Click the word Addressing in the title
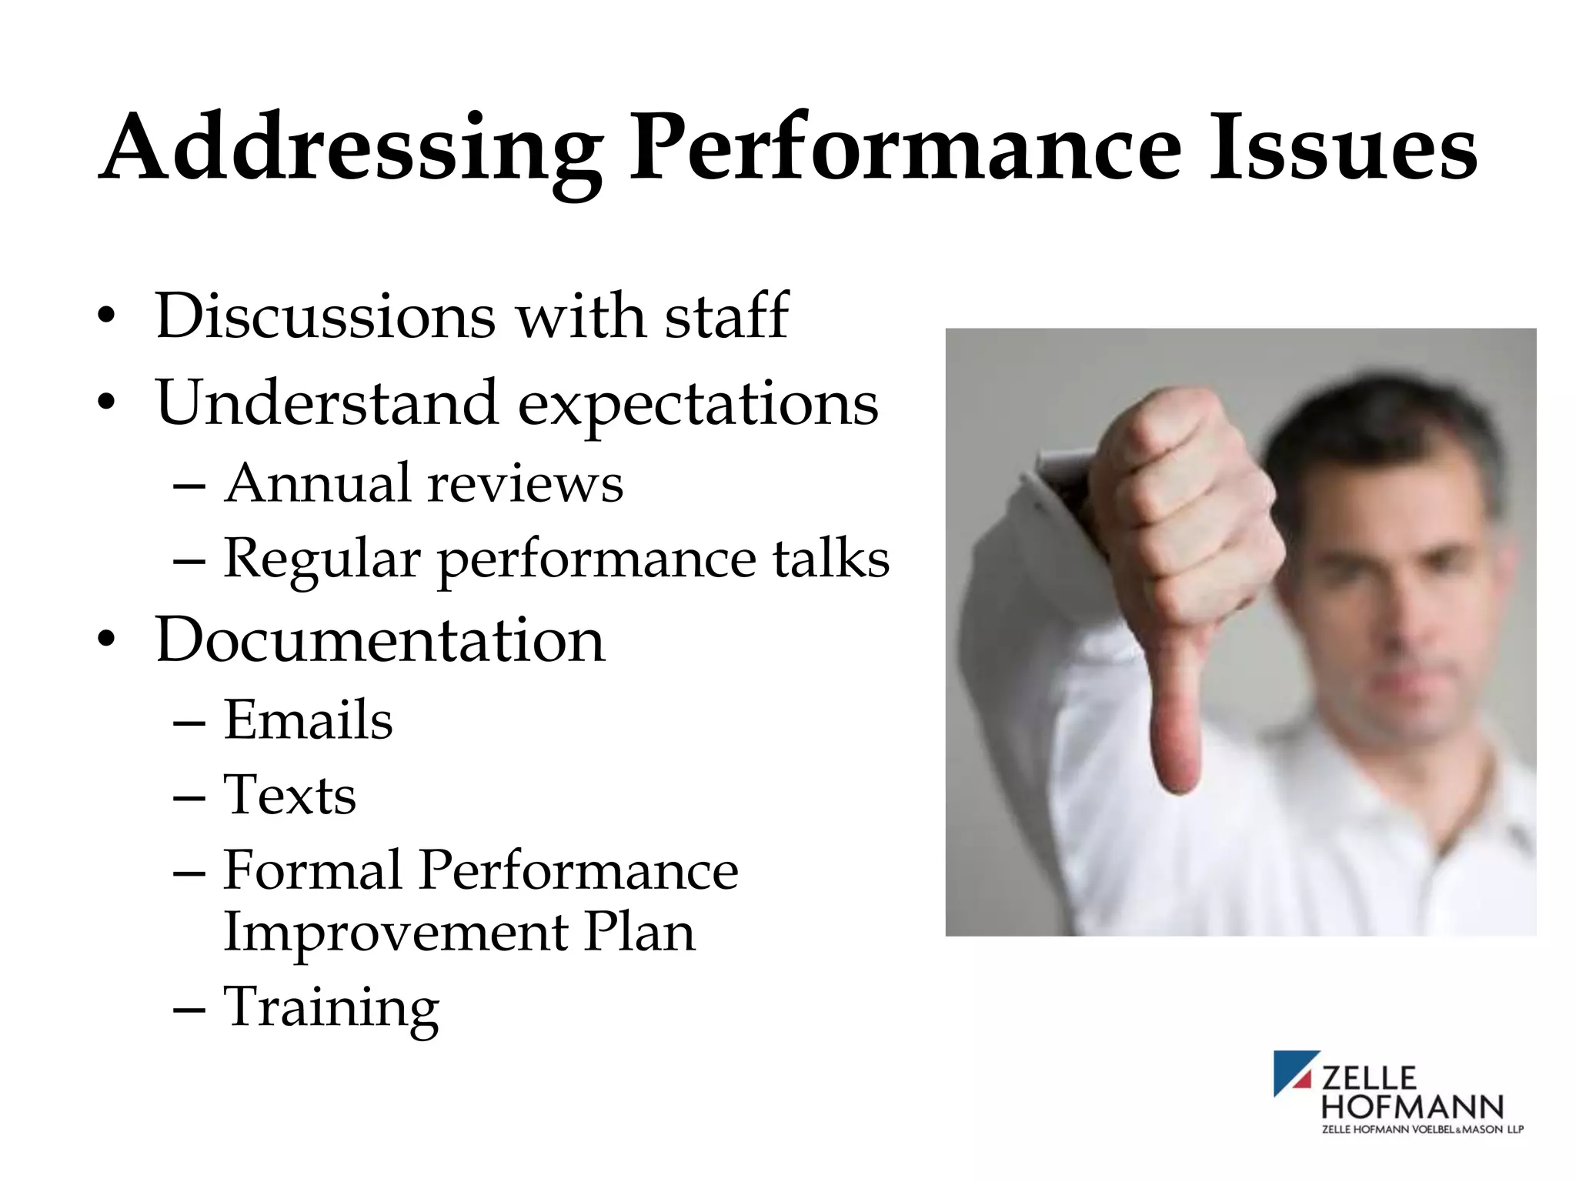click(350, 150)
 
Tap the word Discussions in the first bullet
click(325, 316)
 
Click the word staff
click(726, 316)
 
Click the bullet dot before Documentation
click(107, 639)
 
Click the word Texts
click(289, 796)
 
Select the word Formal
click(312, 871)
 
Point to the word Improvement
click(396, 933)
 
